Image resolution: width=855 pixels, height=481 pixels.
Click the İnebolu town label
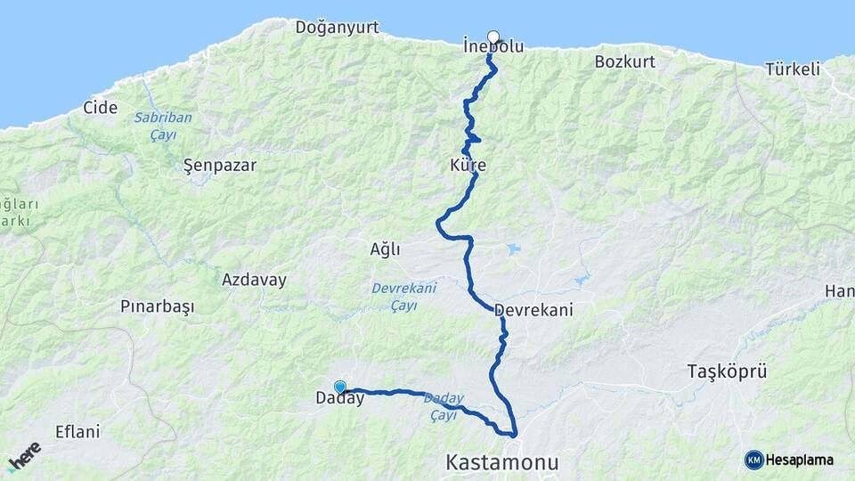[x=493, y=46]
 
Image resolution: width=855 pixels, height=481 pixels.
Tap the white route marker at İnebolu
[x=493, y=37]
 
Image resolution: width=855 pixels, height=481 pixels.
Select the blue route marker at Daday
[x=339, y=387]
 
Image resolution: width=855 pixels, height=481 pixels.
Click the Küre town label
[x=468, y=167]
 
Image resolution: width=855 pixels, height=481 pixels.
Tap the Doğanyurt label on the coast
[x=338, y=28]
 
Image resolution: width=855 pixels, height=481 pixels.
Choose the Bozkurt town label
[x=624, y=61]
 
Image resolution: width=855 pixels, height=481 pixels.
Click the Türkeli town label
[x=792, y=69]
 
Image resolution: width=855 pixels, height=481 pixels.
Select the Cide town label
[x=100, y=107]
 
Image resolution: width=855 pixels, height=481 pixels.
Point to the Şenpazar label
[x=219, y=165]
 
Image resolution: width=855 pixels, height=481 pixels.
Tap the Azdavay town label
[x=254, y=280]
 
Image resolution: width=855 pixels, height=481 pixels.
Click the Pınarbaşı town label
[x=157, y=306]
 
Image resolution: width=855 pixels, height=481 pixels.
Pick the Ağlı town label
[x=385, y=249]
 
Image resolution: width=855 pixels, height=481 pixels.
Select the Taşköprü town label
[x=727, y=371]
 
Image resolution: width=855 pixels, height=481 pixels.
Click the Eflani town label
[x=77, y=431]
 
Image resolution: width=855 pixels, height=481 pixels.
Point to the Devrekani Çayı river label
[x=403, y=297]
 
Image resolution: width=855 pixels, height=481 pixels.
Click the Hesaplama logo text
[x=799, y=460]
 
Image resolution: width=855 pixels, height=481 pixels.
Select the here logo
[x=24, y=456]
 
